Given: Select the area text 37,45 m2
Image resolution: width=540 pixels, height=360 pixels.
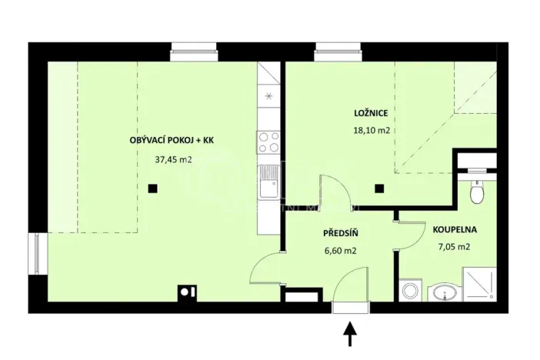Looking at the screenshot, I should point(173,161).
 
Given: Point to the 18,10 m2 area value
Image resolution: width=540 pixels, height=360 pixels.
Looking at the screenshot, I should point(371,131).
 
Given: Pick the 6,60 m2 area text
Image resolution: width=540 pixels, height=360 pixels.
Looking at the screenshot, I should point(338,250).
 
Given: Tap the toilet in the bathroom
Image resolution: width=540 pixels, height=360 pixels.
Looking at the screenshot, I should point(477,192).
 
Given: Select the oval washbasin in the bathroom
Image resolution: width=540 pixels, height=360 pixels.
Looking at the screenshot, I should point(442,292).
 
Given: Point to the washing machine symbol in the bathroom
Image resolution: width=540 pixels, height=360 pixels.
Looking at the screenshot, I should point(408,292).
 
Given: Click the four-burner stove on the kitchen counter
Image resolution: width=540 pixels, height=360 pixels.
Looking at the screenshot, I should point(268,143).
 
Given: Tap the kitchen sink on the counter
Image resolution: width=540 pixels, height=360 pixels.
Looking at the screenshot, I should point(268,182).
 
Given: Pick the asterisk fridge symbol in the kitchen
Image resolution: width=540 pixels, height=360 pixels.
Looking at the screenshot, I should point(268,97).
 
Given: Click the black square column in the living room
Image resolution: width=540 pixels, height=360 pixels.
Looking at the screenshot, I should point(153,188).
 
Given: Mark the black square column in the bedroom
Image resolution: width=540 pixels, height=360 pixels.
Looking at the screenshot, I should point(378,188).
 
